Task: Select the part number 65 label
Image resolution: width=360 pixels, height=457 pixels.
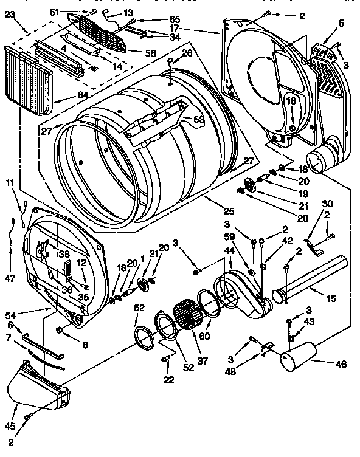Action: [x=157, y=19]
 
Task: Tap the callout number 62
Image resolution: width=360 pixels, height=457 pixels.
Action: [x=139, y=308]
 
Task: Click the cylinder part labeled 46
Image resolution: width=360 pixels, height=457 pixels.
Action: [x=299, y=356]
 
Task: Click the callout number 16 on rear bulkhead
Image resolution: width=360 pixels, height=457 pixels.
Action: [x=291, y=100]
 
